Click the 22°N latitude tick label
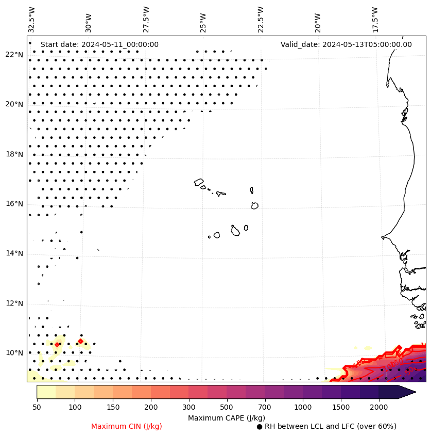(14, 55)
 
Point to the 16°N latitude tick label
(14, 204)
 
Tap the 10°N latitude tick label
(14, 353)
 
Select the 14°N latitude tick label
(14, 253)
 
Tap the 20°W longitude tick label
(317, 20)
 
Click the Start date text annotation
(99, 44)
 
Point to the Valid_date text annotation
(346, 44)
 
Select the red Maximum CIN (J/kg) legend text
(127, 426)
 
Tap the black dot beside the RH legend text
(260, 427)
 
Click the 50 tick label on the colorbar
(37, 407)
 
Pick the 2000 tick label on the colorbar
(379, 407)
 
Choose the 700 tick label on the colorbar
(265, 407)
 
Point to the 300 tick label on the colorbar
(188, 407)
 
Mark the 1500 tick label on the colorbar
(341, 407)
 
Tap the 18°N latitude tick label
(14, 154)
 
